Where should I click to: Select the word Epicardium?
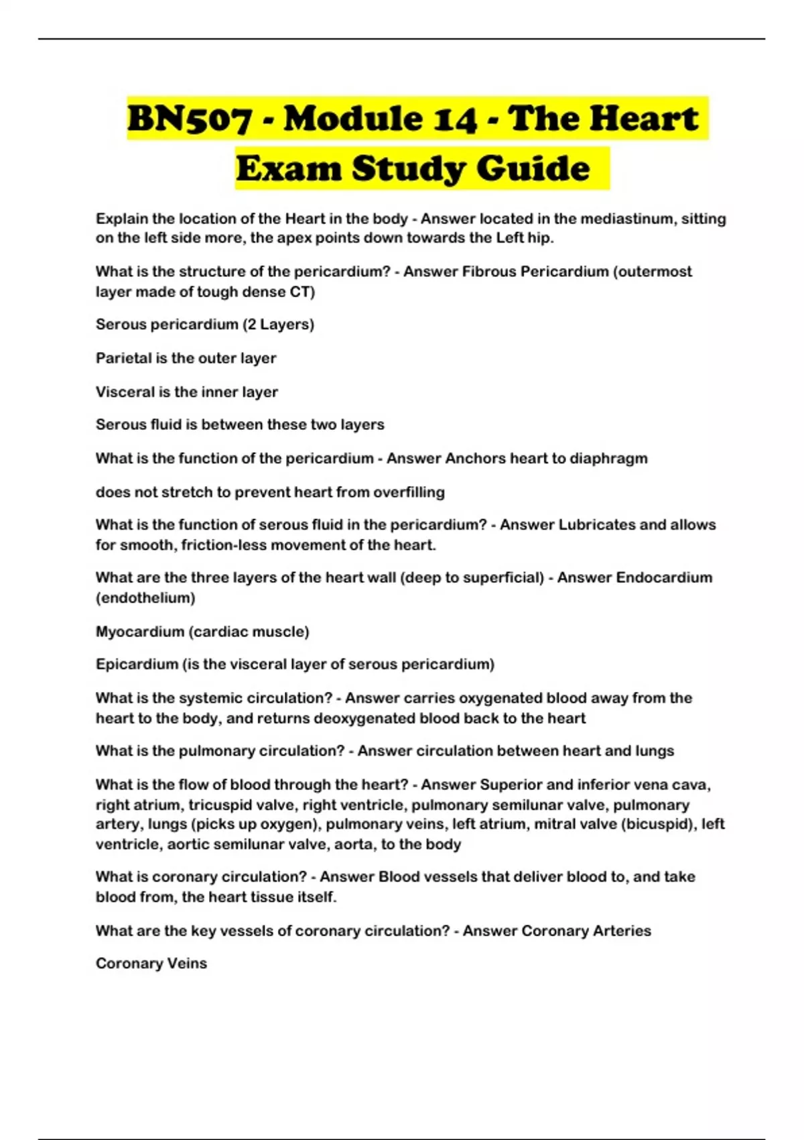click(136, 665)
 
